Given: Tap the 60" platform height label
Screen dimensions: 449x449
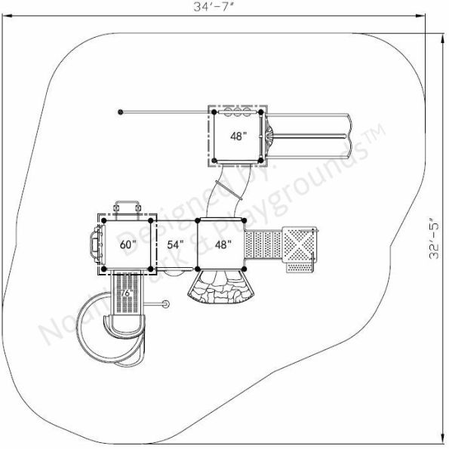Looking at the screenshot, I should (x=128, y=244).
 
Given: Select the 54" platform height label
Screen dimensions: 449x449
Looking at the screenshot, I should (x=174, y=244).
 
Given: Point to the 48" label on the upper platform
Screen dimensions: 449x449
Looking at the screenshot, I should (x=238, y=137).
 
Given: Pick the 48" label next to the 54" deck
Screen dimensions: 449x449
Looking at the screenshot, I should (x=223, y=244).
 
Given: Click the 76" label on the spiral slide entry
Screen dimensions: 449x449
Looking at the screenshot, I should (x=128, y=293).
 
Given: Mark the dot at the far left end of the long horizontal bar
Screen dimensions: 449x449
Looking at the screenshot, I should (x=120, y=112).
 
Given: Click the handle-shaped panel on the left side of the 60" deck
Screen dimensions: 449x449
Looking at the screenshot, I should (x=94, y=244).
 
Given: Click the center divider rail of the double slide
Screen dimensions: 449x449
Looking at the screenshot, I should (x=311, y=137).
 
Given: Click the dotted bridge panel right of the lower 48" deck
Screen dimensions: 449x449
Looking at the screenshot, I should (x=264, y=245).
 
